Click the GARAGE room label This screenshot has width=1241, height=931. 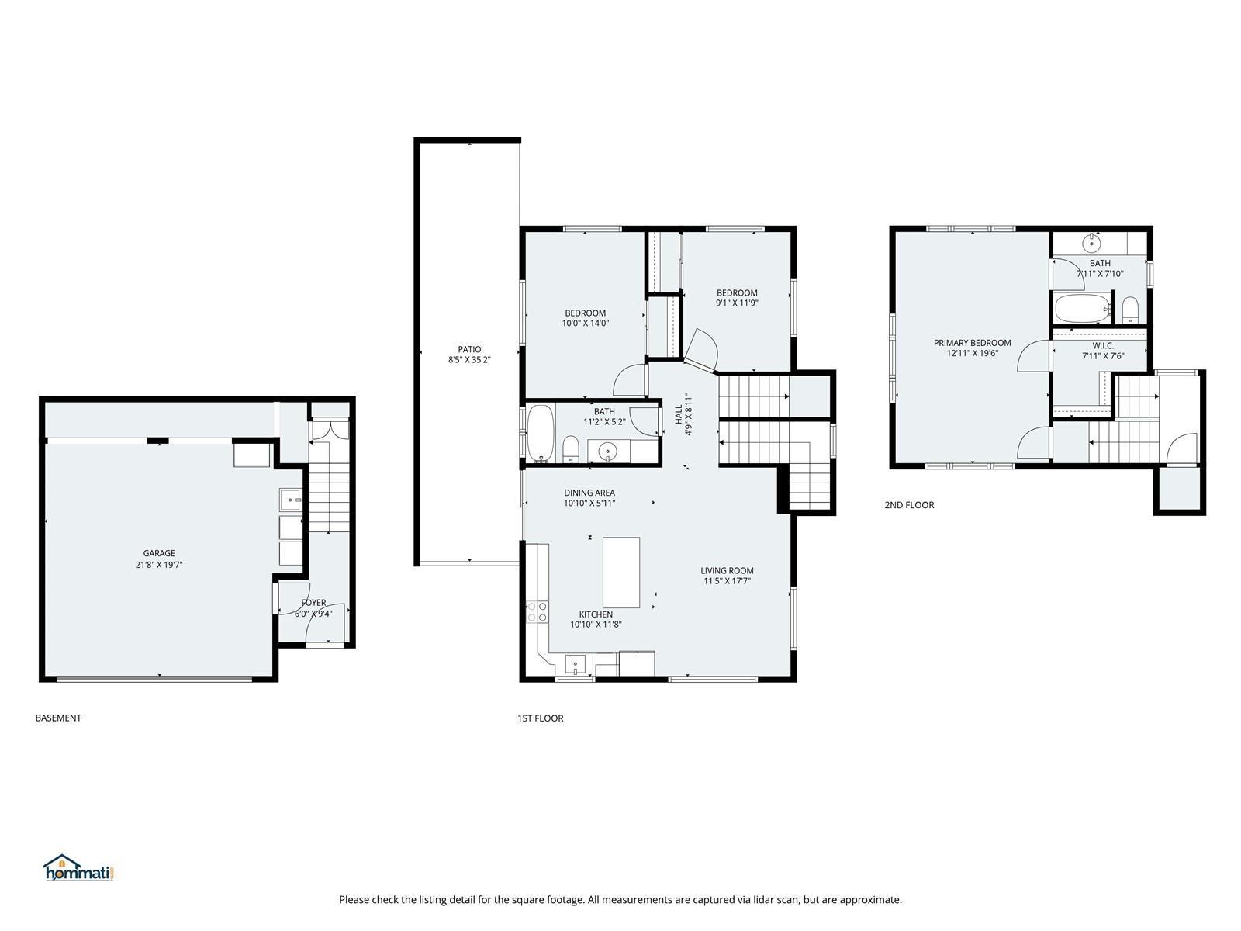tap(159, 553)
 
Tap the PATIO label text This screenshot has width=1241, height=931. tap(469, 349)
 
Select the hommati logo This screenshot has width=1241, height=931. tap(78, 867)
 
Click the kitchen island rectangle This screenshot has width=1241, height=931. tap(620, 572)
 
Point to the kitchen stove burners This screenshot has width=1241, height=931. tap(537, 611)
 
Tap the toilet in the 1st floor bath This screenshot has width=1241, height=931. tap(570, 449)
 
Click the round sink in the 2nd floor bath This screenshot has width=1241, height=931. tap(1091, 244)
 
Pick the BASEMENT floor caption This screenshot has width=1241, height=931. tap(58, 718)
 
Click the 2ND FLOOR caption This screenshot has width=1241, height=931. tap(909, 505)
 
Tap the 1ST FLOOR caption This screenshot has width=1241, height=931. tap(540, 718)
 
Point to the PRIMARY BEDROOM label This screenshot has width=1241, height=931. tap(972, 343)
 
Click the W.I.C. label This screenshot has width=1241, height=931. tap(1102, 345)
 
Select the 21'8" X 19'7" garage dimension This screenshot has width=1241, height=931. tap(159, 564)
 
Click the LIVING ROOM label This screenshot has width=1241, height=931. tap(727, 570)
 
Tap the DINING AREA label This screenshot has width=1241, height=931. tap(589, 493)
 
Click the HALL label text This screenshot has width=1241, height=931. tap(678, 414)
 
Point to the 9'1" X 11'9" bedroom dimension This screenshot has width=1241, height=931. tap(737, 303)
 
